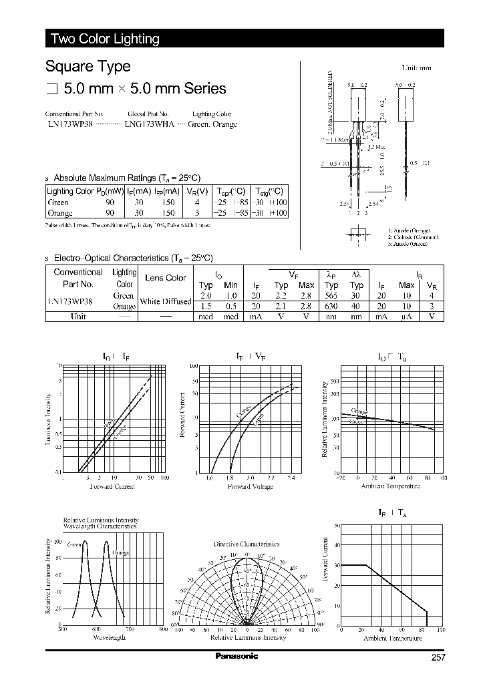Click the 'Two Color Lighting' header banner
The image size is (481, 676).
[x=105, y=39]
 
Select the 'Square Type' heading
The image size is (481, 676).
[x=88, y=67]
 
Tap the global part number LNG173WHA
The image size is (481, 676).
[x=150, y=125]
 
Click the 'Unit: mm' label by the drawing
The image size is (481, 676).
[x=416, y=68]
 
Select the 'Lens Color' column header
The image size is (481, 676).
[x=166, y=278]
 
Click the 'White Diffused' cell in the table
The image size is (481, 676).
[x=166, y=301]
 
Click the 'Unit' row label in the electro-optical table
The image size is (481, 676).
[x=78, y=317]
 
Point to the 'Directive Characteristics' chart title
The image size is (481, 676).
[x=247, y=544]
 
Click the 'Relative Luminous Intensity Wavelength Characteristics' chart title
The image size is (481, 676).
[x=100, y=523]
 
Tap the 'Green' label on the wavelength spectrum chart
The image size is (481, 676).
[x=73, y=544]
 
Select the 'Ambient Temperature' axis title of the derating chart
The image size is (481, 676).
[x=392, y=638]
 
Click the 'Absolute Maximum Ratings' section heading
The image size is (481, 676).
[x=126, y=178]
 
